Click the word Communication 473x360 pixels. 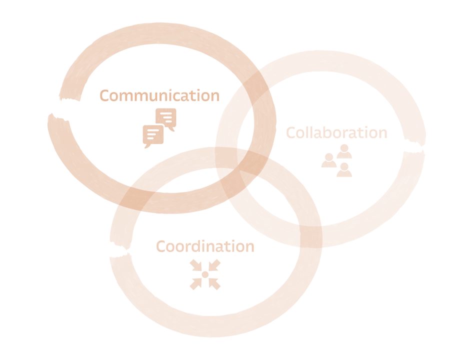[159, 95]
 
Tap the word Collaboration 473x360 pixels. [336, 132]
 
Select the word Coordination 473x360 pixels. [205, 246]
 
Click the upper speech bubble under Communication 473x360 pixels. [166, 118]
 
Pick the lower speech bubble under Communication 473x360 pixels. [153, 136]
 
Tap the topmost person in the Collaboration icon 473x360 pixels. [344, 151]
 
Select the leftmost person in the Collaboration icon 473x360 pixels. [329, 160]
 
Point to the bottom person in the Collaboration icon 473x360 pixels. [344, 170]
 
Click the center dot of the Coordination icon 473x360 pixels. [205, 274]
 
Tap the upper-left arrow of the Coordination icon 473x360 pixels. [196, 265]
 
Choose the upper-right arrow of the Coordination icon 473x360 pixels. [214, 265]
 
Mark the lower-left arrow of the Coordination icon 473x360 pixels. [196, 284]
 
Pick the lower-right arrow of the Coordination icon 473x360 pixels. [214, 284]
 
